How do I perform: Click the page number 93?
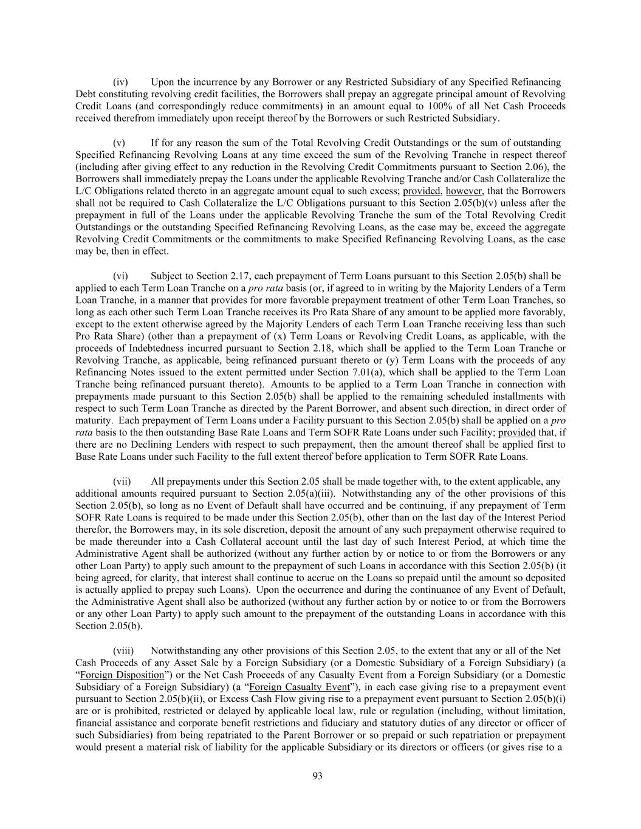pos(317,776)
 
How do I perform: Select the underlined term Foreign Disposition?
pos(122,675)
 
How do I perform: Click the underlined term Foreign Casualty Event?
pos(300,687)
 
